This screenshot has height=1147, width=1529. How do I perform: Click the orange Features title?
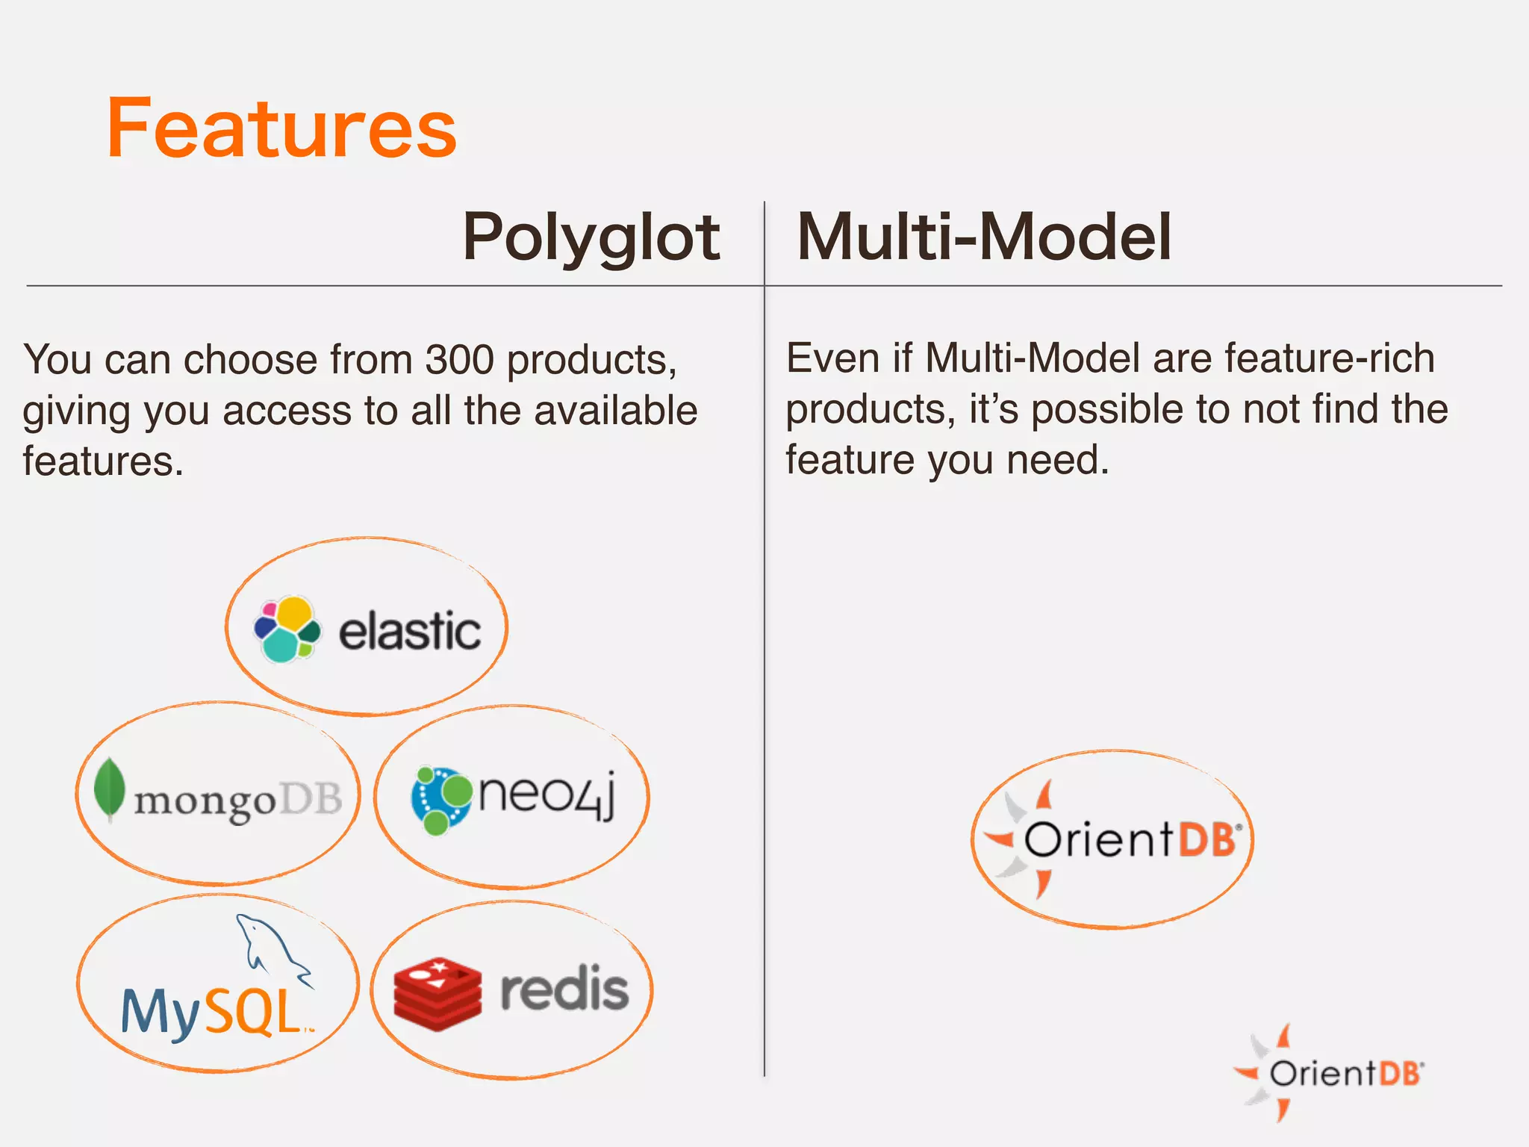[281, 128]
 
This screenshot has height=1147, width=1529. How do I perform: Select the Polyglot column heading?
[591, 237]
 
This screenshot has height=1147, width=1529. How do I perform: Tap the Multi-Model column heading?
[984, 237]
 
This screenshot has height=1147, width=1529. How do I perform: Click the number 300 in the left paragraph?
[459, 360]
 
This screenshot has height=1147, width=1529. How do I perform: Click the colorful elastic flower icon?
[287, 630]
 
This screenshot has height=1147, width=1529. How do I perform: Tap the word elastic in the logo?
[409, 632]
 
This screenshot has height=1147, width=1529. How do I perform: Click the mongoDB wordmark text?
[237, 801]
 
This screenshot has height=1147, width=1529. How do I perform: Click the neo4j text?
[546, 795]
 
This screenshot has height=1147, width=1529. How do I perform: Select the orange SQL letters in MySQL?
[252, 1013]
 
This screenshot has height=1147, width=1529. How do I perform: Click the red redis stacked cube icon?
[437, 993]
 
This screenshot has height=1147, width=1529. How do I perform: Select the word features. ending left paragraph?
[103, 461]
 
